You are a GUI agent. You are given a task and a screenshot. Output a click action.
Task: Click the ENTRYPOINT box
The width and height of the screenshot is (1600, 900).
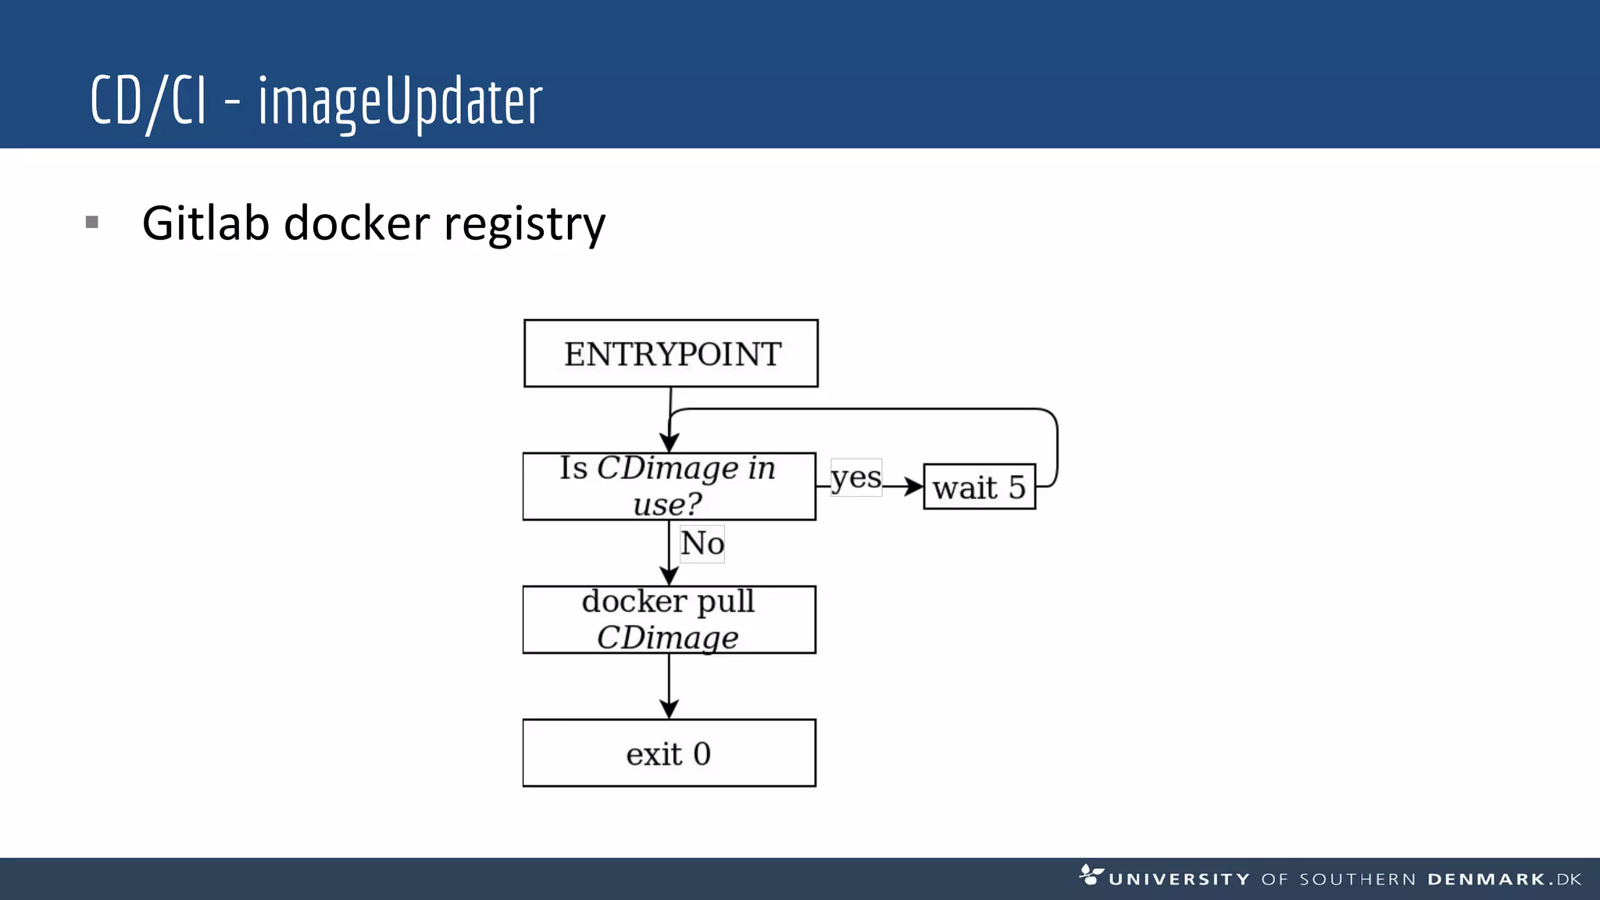[x=671, y=353]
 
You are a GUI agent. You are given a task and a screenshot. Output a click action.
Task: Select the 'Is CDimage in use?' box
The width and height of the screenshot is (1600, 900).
[x=669, y=486]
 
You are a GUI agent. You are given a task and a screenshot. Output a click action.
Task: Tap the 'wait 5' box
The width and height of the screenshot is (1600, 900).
[x=979, y=487]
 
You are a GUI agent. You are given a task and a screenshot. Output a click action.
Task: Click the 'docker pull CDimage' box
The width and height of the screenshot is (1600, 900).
[x=669, y=620]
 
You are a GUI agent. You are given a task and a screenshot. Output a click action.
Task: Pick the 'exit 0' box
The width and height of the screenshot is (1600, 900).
[x=669, y=753]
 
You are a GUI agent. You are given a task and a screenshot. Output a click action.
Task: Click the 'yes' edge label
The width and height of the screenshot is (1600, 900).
[x=856, y=477]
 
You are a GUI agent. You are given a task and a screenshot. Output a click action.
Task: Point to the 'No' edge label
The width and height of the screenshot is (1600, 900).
[x=702, y=543]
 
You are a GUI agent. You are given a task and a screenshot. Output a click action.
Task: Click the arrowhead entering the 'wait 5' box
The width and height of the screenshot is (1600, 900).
[x=913, y=486]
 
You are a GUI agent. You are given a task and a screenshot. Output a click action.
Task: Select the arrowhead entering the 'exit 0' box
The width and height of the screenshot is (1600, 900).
[x=669, y=708]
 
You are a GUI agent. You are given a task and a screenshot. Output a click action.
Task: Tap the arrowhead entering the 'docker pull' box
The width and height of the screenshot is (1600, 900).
[x=669, y=575]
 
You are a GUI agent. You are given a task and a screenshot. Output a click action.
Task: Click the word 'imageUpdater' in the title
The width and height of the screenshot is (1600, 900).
[x=400, y=102]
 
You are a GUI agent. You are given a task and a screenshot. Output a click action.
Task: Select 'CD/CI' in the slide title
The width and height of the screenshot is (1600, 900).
[x=148, y=102]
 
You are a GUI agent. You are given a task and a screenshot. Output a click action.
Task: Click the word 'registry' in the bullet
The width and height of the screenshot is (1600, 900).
[x=524, y=225]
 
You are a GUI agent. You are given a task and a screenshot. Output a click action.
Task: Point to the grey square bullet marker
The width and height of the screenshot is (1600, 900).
[x=92, y=223]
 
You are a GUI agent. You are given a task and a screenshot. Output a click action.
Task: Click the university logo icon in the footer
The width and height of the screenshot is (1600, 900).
[x=1091, y=874]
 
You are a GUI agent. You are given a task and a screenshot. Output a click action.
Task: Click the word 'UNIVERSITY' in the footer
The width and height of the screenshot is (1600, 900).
[x=1179, y=880]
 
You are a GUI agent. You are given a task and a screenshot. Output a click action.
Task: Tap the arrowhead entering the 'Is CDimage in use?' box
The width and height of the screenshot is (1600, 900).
[x=670, y=442]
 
